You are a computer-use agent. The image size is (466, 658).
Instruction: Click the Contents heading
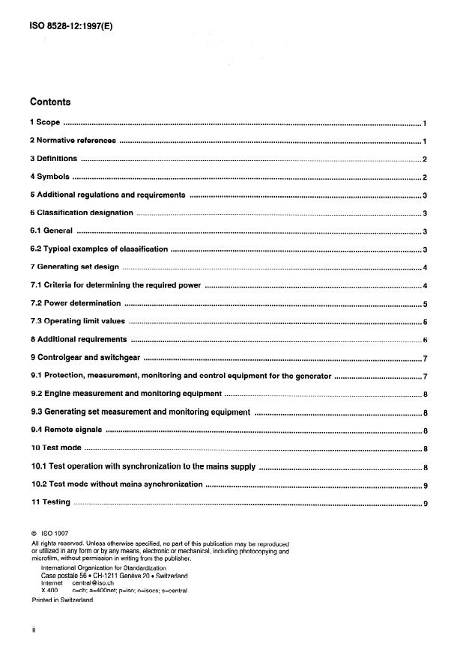(x=51, y=102)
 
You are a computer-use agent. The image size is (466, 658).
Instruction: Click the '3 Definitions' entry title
(x=53, y=159)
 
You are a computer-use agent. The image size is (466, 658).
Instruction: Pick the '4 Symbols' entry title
(x=49, y=177)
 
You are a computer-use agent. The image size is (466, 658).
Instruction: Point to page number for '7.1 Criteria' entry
(x=424, y=286)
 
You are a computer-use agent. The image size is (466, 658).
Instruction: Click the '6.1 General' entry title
(x=51, y=231)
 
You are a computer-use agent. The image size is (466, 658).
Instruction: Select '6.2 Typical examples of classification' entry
(x=99, y=249)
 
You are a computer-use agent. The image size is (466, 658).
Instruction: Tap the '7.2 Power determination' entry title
(x=75, y=303)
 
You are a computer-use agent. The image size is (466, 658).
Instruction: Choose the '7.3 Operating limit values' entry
(x=77, y=321)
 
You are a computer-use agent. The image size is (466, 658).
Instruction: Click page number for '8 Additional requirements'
(x=424, y=340)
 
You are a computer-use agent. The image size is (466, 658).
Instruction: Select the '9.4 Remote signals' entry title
(x=66, y=430)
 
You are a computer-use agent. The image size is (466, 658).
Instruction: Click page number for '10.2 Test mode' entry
(x=424, y=485)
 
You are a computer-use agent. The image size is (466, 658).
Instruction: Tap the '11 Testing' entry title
(x=50, y=502)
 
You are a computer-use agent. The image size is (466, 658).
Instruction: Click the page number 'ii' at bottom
(x=34, y=630)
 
